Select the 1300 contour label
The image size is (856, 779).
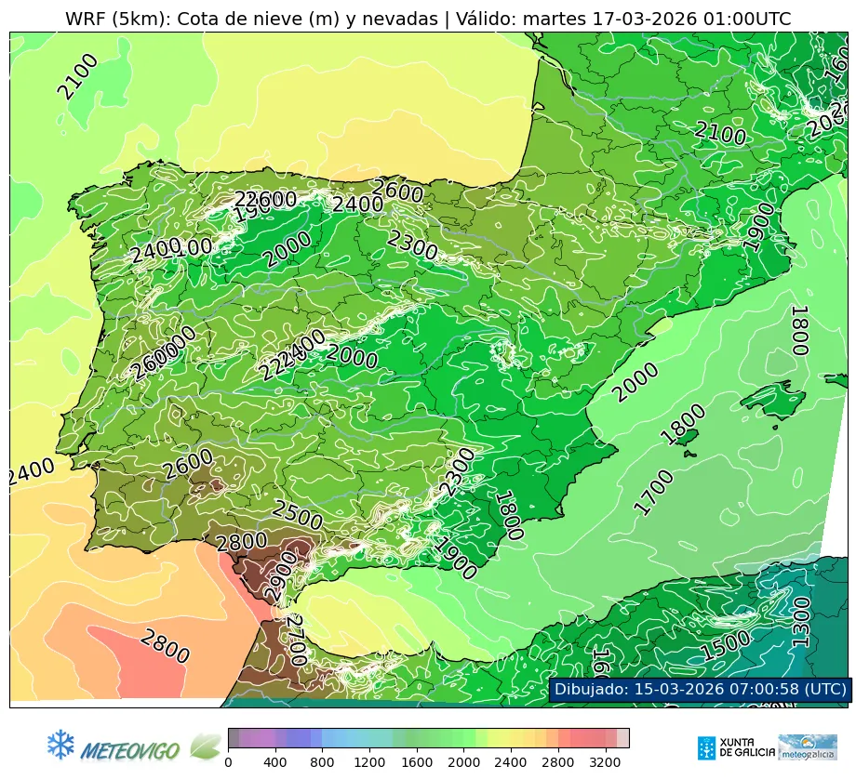[801, 616]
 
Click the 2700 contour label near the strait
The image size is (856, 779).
[297, 640]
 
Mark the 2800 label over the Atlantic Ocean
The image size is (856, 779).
[165, 647]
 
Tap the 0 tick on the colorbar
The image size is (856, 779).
[228, 763]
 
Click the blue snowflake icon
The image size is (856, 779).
[60, 744]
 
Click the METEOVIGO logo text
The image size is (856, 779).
[130, 749]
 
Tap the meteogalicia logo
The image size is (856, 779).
[808, 747]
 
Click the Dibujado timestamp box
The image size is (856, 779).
[700, 689]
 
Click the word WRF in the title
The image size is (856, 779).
[87, 20]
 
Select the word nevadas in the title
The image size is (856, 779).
[397, 20]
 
